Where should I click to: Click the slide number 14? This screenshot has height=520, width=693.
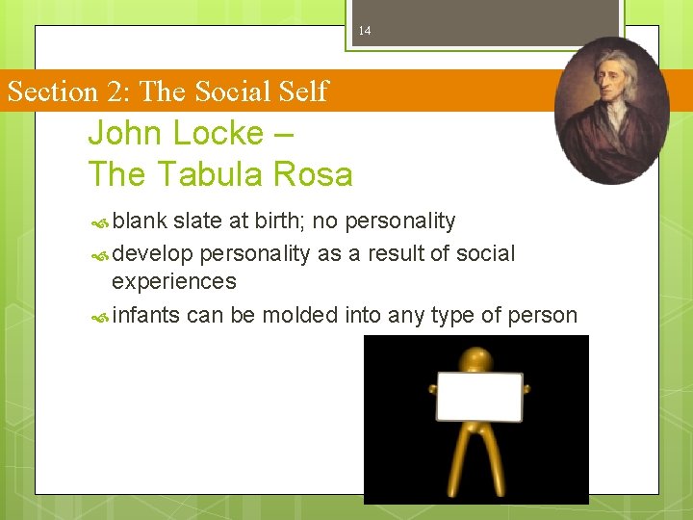pos(364,31)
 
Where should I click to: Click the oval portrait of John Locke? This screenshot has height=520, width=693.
pos(613,110)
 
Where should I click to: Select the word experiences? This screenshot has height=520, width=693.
pos(173,281)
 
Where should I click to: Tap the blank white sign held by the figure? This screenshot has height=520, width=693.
pos(479,397)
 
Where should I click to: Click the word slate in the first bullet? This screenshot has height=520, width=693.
pos(198,221)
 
